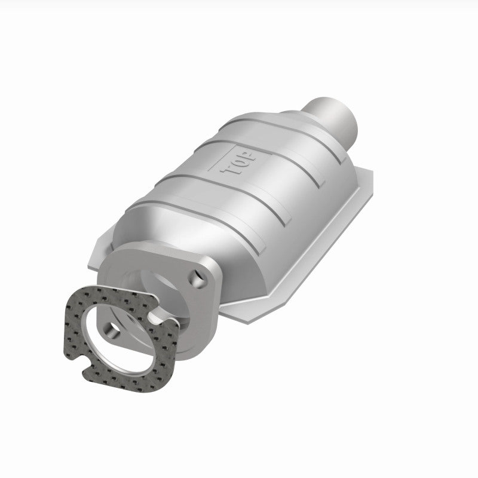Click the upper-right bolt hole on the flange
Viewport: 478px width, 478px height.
click(195, 276)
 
